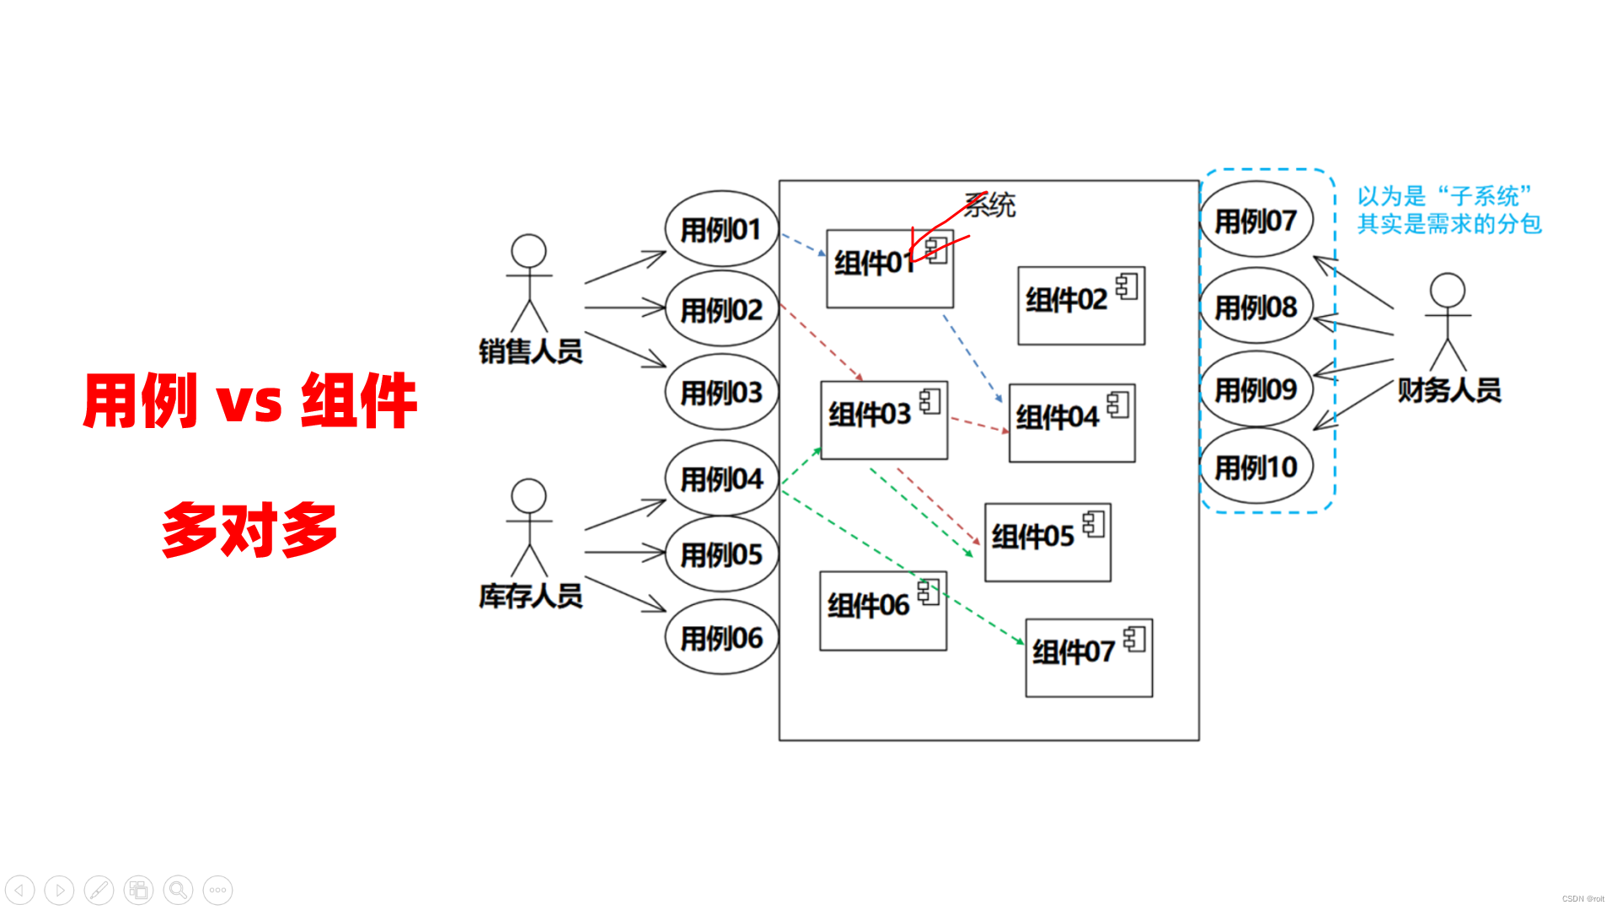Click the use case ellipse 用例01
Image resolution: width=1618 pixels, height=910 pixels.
click(x=721, y=229)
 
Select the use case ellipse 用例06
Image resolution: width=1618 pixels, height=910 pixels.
click(x=721, y=638)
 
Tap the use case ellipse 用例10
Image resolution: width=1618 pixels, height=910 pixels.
click(x=1256, y=467)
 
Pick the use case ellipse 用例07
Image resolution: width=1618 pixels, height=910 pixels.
click(x=1256, y=221)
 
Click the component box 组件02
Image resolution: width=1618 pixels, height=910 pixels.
click(x=1080, y=306)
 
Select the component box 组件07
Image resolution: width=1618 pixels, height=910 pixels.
click(x=1088, y=658)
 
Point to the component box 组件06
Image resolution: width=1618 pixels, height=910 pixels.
click(x=882, y=611)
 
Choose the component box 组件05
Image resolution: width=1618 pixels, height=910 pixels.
click(x=1047, y=543)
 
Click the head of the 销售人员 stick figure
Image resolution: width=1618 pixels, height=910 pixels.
click(x=529, y=251)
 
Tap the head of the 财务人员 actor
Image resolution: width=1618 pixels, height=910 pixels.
click(x=1447, y=290)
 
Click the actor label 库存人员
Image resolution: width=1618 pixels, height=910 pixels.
click(x=531, y=597)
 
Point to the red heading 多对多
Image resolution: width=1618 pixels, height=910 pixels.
click(x=249, y=529)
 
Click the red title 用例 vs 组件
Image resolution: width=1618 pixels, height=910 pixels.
click(x=250, y=400)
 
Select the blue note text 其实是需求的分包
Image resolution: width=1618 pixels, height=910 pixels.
click(x=1449, y=224)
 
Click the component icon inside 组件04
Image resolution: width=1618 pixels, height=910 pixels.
click(x=1118, y=404)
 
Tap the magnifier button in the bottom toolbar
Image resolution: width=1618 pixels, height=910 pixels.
click(x=178, y=890)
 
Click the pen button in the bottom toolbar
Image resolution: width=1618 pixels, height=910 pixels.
click(x=99, y=890)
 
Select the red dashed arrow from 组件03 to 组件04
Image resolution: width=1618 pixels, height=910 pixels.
click(x=978, y=425)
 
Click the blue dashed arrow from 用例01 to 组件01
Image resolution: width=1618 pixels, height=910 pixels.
click(x=803, y=244)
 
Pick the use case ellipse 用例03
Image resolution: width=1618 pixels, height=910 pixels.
click(x=721, y=393)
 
